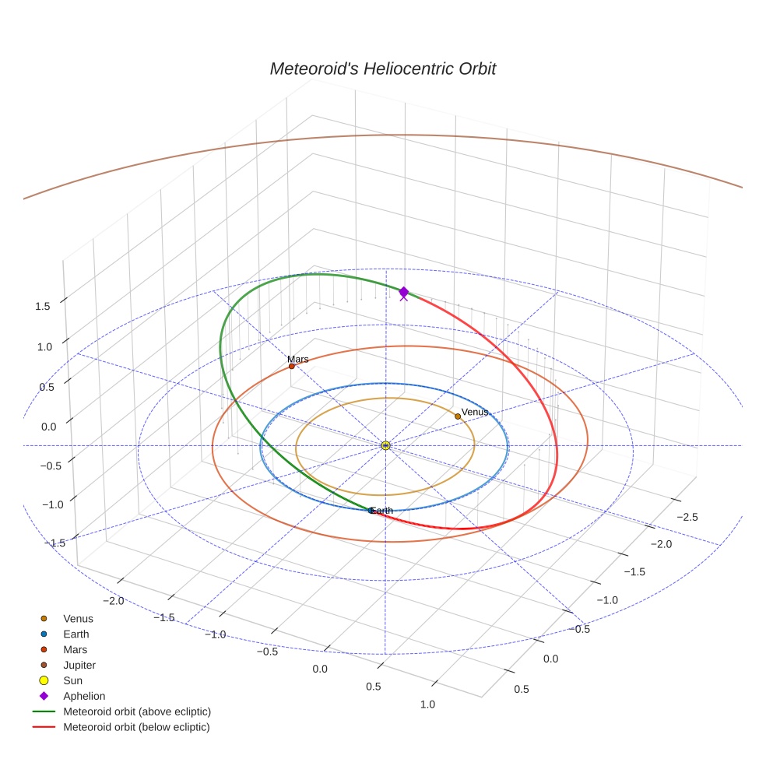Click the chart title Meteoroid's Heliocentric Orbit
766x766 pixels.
pos(382,69)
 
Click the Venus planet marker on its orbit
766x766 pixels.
pos(458,416)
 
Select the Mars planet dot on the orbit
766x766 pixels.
pos(292,366)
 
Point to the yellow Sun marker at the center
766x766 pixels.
pos(386,445)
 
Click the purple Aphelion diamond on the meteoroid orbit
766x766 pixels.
pos(403,291)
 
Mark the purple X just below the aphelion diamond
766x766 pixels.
pos(403,297)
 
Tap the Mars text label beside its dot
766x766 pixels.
pos(297,359)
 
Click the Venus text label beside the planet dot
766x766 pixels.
pos(475,412)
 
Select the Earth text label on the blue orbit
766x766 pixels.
pos(382,511)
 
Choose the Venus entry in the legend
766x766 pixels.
pos(78,619)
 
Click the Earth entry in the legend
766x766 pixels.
pos(76,634)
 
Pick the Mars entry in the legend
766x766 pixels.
pos(75,649)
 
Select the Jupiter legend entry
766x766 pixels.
pos(79,665)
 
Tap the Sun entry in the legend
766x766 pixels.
pos(72,680)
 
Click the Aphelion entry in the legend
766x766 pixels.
pos(84,696)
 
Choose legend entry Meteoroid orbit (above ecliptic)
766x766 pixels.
pos(136,712)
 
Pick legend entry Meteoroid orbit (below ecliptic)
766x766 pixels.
pos(136,727)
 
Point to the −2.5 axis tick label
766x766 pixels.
pos(686,517)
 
